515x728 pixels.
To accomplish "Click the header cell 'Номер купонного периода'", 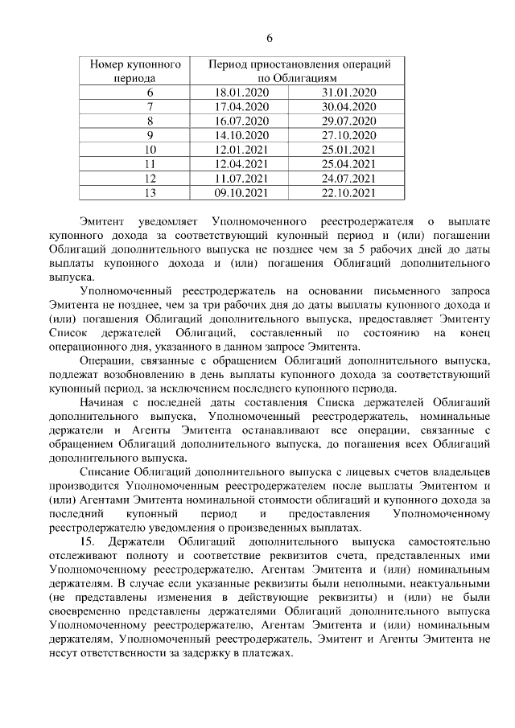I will coord(135,71).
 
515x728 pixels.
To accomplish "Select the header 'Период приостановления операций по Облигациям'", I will coord(299,71).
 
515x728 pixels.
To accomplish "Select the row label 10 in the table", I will coord(150,150).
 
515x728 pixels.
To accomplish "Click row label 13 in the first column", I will coord(150,193).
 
